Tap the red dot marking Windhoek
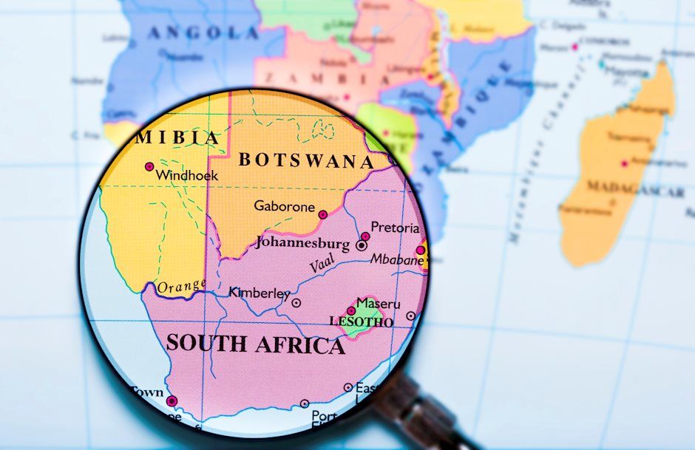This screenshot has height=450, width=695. click(x=149, y=167)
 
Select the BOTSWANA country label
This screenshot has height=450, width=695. click(x=306, y=160)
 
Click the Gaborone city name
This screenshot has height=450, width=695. click(x=284, y=207)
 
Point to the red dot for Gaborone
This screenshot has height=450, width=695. click(x=322, y=214)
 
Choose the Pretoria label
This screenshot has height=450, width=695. click(x=395, y=228)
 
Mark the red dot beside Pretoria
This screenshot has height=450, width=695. click(x=365, y=236)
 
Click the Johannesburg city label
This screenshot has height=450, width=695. click(x=302, y=242)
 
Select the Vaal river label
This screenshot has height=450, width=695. click(x=322, y=264)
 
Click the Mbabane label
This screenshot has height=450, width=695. click(x=397, y=260)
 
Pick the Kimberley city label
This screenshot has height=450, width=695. click(x=260, y=293)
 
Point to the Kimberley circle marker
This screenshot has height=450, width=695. click(x=296, y=302)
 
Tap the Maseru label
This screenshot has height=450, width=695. click(x=378, y=304)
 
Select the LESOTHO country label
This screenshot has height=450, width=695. click(x=361, y=323)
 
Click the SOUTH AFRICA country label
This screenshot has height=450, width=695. click(x=255, y=344)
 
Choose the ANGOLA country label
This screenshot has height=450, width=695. click(x=203, y=33)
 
